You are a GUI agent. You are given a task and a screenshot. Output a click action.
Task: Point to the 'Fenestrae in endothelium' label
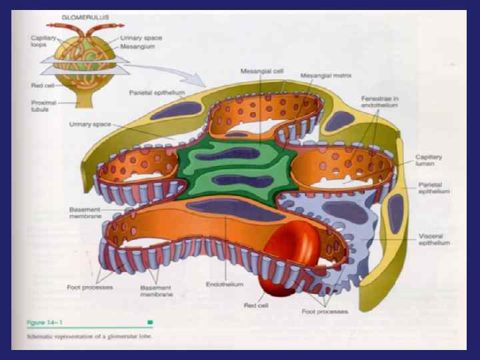coord(381,101)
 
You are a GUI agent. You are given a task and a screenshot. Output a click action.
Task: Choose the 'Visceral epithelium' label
coord(433,239)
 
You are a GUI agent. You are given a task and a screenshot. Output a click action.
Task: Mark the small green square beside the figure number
coord(149,322)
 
